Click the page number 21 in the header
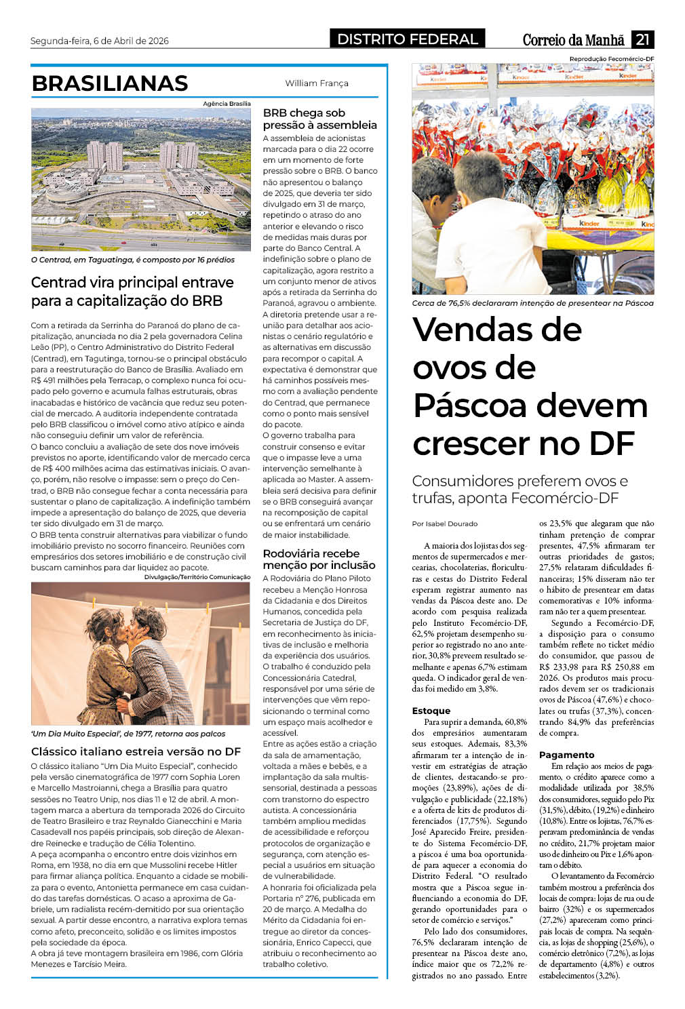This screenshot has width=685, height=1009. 642,39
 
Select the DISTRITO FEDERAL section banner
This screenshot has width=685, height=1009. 408,39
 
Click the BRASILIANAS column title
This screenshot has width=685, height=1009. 110,83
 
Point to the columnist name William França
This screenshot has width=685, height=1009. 317,83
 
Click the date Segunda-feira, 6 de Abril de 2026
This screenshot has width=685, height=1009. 100,41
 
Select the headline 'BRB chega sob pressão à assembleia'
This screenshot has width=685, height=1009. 319,119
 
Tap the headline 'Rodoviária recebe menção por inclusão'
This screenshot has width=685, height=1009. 319,559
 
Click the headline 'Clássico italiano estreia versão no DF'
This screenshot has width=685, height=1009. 136,751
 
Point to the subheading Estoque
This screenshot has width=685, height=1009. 431,711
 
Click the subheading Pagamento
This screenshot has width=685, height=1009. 566,755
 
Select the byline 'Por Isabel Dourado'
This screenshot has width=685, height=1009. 444,523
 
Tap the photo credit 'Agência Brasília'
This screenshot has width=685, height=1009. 227,104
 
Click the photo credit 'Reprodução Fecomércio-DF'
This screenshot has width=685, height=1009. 611,59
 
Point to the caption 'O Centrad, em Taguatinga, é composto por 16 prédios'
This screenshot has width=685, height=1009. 133,260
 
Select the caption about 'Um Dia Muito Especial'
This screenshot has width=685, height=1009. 128,734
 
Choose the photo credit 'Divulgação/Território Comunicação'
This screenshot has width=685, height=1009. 197,577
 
